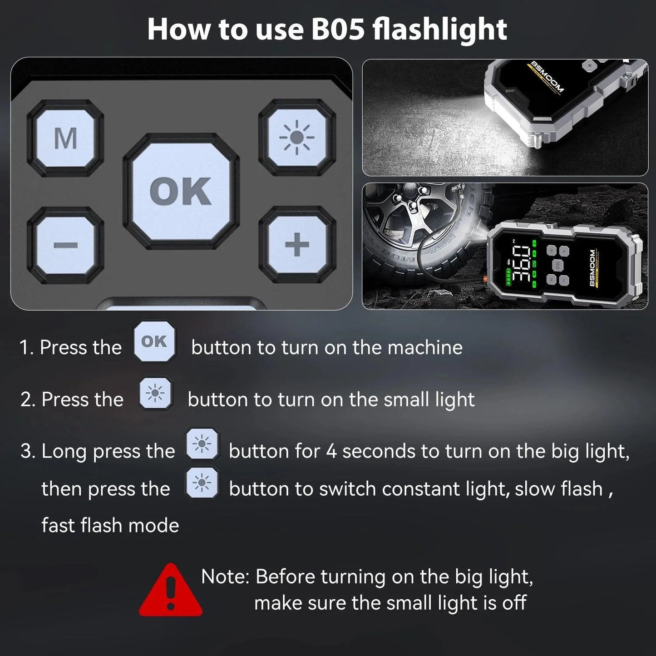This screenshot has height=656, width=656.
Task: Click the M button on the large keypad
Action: [x=65, y=138]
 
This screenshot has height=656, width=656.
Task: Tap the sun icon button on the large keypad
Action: [x=297, y=137]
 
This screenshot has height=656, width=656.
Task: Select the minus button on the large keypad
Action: [x=65, y=245]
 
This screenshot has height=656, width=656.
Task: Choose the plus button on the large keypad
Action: [x=297, y=244]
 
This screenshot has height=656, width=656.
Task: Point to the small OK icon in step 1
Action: [x=155, y=341]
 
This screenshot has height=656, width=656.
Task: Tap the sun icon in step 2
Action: [x=156, y=393]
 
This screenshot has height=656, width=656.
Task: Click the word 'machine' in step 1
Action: [x=425, y=348]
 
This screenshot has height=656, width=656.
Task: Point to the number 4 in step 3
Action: [x=331, y=451]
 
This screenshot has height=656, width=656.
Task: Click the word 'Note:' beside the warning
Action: [x=225, y=577]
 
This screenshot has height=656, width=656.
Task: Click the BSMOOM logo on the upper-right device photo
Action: [x=548, y=77]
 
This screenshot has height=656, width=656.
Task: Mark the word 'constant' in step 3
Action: [x=421, y=489]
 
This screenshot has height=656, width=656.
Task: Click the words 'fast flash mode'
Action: [x=110, y=525]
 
